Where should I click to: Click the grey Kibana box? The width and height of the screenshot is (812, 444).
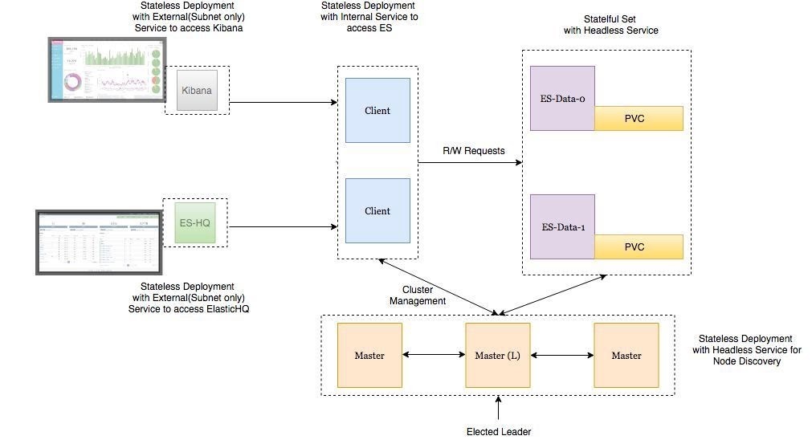197,90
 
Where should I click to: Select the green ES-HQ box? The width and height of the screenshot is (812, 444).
195,223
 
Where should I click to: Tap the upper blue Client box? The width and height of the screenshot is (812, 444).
377,110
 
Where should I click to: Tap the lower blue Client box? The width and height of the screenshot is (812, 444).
377,211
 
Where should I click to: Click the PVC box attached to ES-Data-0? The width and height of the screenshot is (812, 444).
639,119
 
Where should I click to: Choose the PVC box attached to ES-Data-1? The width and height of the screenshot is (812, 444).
639,247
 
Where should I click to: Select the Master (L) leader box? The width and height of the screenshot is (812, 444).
498,356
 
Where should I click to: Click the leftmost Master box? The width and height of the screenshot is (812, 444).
369,356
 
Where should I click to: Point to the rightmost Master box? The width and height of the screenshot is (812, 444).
626,356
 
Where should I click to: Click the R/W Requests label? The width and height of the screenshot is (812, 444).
474,150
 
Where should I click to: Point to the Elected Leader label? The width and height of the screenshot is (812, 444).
499,432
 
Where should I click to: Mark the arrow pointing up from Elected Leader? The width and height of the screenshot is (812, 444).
499,409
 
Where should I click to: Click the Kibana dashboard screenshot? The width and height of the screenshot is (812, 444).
104,70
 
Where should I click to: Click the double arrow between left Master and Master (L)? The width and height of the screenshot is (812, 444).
434,354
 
